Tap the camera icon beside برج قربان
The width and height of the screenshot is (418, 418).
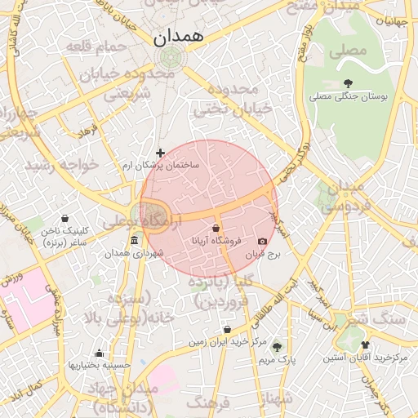[x=262, y=242]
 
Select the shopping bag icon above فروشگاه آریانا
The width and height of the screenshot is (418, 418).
[x=216, y=228]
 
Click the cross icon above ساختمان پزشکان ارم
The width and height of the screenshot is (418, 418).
[x=160, y=153]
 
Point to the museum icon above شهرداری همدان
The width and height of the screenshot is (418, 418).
[x=134, y=240]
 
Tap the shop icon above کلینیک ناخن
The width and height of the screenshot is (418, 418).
[x=64, y=218]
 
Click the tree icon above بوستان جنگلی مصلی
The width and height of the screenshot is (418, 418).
[x=349, y=83]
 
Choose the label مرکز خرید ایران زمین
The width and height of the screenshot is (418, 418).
[x=226, y=342]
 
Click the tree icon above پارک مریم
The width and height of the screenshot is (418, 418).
[x=276, y=346]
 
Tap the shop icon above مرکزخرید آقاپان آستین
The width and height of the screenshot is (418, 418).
[x=364, y=345]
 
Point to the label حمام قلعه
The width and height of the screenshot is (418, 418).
[x=99, y=46]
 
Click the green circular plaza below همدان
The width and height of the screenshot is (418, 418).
[x=171, y=58]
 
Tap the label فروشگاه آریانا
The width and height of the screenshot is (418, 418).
[x=216, y=241]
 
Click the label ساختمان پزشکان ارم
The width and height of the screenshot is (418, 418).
[x=160, y=166]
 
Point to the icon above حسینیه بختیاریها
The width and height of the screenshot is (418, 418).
[x=99, y=353]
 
